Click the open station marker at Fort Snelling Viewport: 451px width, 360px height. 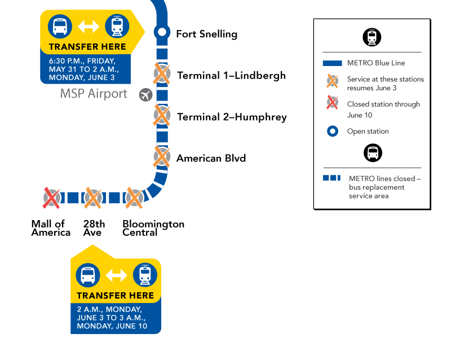(162, 32)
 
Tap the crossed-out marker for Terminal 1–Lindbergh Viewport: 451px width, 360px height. (162, 74)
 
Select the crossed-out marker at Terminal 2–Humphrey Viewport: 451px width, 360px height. (162, 115)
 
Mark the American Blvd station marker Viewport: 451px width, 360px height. (162, 157)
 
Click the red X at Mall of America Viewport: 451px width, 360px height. (51, 198)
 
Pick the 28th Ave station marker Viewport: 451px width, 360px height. (93, 198)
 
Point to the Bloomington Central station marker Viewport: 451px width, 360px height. (134, 198)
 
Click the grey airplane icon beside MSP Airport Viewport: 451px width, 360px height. (146, 95)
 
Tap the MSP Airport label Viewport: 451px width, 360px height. (94, 94)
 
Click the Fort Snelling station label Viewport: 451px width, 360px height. (207, 34)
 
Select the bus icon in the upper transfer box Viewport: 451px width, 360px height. (60, 26)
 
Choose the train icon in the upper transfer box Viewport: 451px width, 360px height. (117, 26)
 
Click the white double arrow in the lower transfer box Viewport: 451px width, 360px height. (117, 275)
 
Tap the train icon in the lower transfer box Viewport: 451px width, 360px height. (145, 275)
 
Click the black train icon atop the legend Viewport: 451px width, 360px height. (372, 37)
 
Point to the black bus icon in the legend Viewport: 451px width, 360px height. (373, 153)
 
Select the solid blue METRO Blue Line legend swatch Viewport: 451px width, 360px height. (333, 63)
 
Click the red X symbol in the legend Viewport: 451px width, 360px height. (332, 103)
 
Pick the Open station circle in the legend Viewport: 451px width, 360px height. (333, 131)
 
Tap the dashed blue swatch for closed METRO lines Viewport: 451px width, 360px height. (331, 178)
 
